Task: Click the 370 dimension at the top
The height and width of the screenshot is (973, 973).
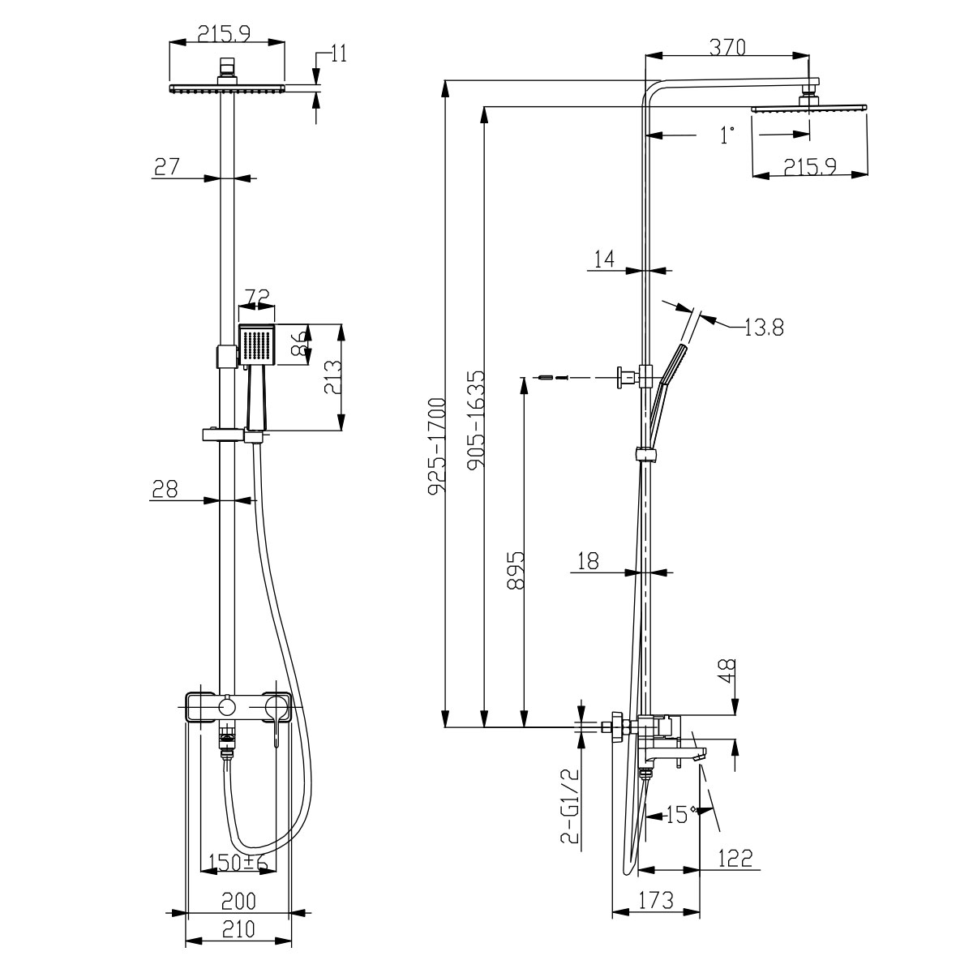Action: [x=727, y=47]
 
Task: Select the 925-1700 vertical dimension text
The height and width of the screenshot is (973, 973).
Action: [x=438, y=446]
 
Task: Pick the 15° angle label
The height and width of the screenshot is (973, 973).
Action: [x=679, y=813]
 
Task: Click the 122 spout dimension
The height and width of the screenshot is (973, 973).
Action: [x=734, y=858]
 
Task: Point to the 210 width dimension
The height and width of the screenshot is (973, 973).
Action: [x=238, y=929]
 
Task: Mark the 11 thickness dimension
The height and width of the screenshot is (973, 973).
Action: [x=339, y=54]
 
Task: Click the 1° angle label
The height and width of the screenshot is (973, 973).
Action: [x=727, y=135]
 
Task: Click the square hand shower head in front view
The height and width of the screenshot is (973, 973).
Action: [x=257, y=345]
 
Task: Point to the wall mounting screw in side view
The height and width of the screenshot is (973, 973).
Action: [x=545, y=377]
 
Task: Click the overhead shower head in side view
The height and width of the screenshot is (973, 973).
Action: [x=809, y=107]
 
